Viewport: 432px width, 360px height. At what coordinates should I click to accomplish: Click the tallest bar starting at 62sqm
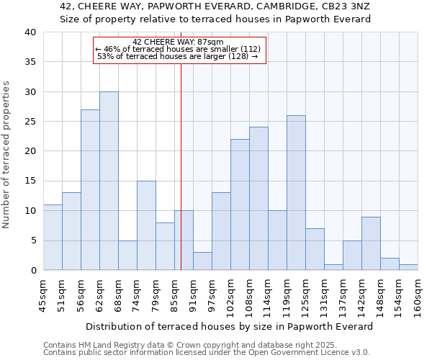(x=109, y=181)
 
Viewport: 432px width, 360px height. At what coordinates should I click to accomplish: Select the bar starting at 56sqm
(x=90, y=190)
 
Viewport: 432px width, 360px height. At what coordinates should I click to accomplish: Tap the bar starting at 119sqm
(x=296, y=193)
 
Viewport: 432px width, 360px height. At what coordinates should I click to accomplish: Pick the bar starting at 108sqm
(x=258, y=199)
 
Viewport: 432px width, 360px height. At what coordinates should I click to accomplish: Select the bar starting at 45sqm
(x=53, y=238)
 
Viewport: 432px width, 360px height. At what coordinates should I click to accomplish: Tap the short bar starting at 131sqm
(x=333, y=267)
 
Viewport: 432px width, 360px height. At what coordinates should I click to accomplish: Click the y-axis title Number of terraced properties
(x=6, y=154)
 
